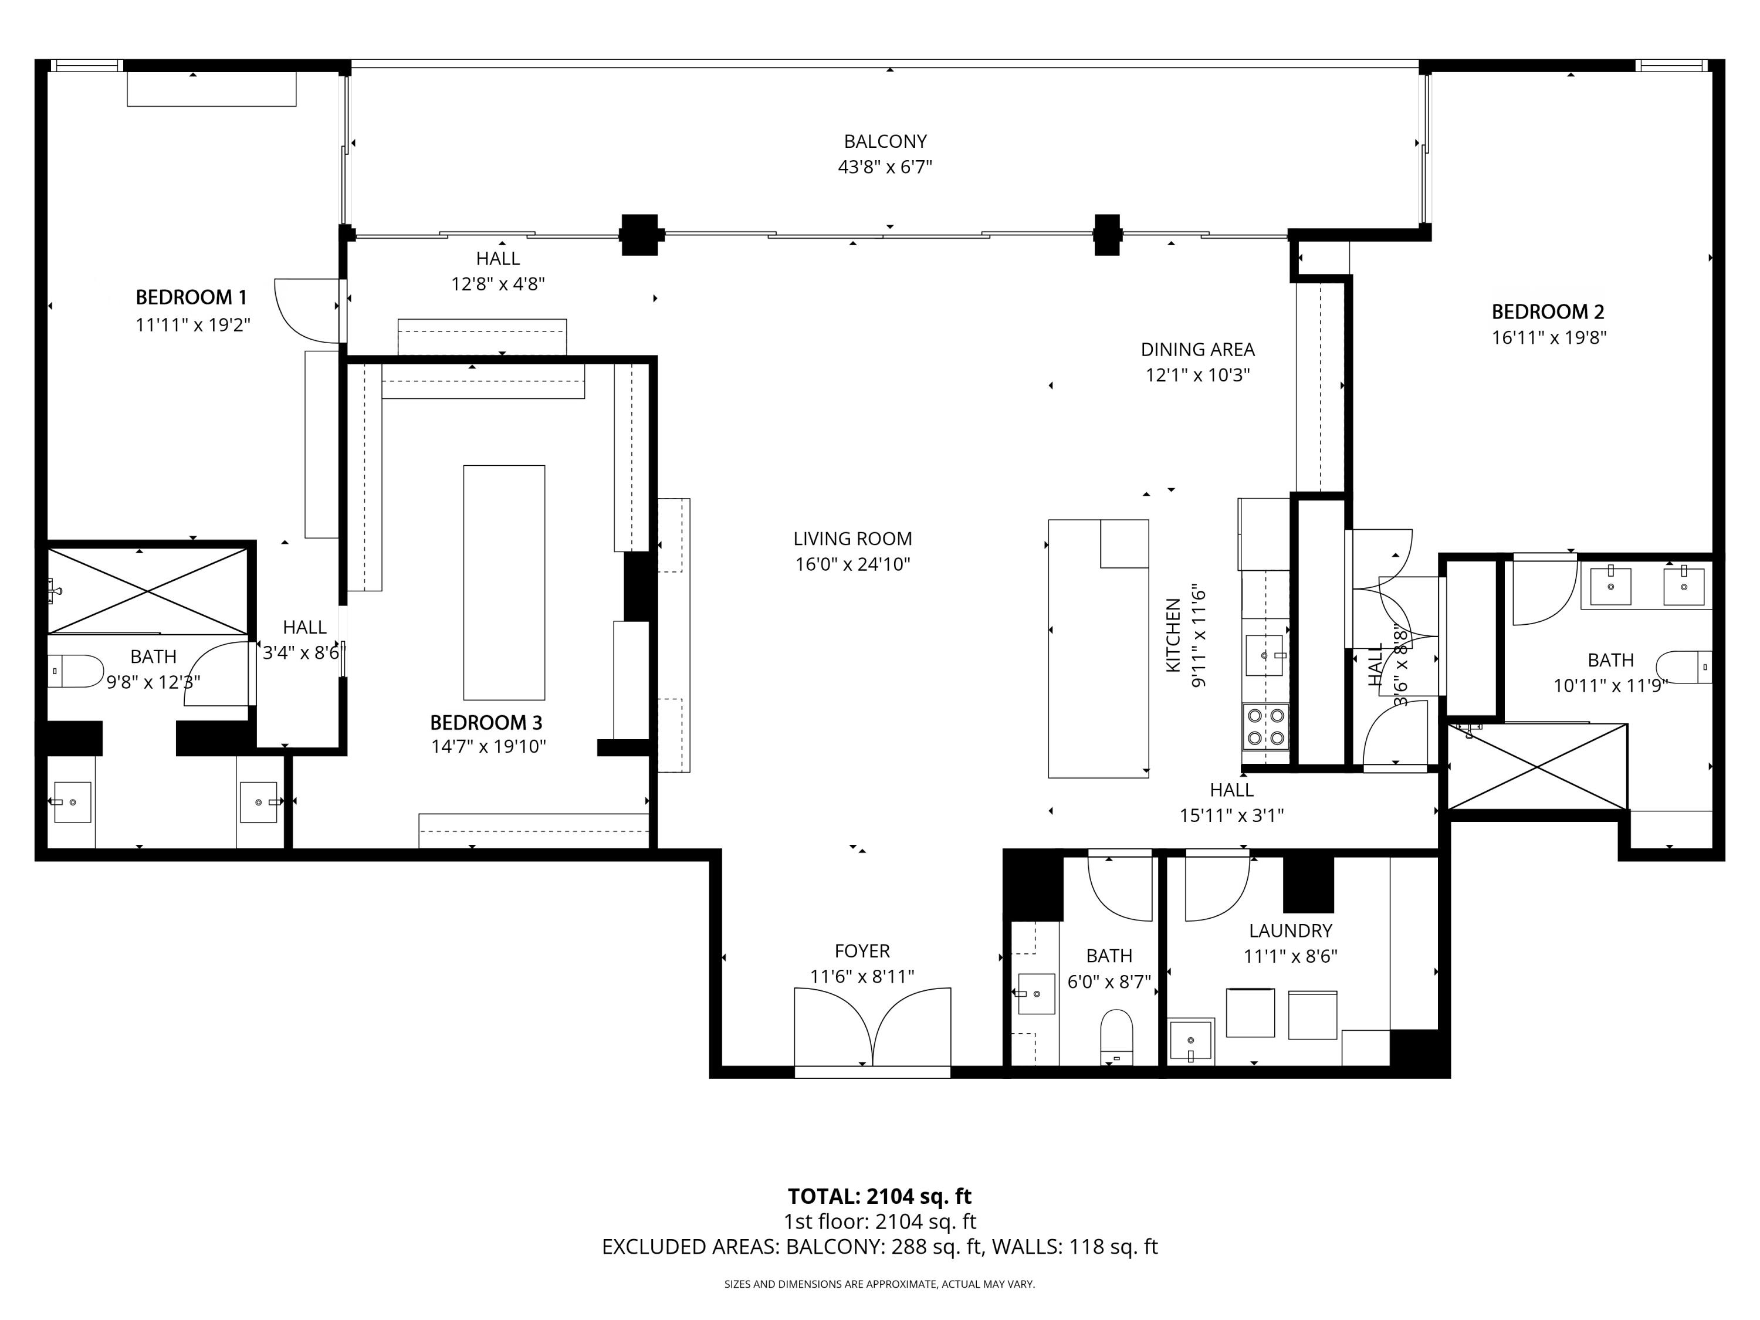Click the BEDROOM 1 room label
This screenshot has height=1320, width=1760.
click(191, 297)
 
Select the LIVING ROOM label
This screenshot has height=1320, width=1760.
click(852, 539)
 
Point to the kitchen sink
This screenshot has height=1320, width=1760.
click(1264, 655)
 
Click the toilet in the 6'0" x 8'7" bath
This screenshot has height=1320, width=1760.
click(1116, 1036)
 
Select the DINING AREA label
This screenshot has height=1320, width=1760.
click(1197, 349)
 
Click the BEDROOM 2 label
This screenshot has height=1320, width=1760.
click(1548, 312)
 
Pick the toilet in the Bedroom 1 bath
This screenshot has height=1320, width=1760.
click(76, 671)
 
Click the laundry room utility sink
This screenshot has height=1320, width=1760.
click(1191, 1041)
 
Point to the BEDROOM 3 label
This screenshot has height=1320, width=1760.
click(486, 722)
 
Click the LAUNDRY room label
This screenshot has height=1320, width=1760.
click(1289, 930)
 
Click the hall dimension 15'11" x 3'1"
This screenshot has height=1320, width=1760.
click(1231, 815)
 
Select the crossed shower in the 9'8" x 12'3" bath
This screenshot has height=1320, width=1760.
click(148, 590)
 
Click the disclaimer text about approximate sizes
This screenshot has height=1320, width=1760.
click(879, 1284)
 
